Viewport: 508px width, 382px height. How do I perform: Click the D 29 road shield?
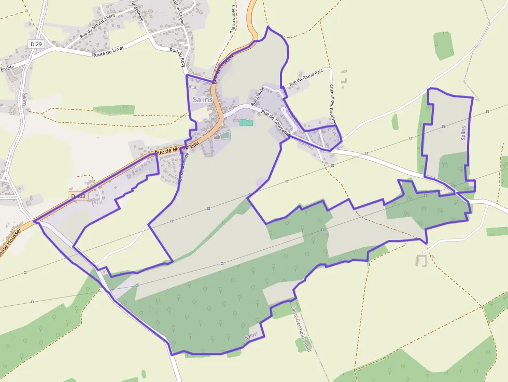pos(36,45)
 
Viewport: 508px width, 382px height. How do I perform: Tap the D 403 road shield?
pos(78,196)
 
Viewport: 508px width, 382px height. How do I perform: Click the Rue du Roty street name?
pos(180,59)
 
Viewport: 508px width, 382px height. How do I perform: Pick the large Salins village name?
pos(202,99)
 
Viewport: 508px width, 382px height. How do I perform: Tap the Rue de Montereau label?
pos(176,148)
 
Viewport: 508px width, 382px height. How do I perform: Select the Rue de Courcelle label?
pos(275,122)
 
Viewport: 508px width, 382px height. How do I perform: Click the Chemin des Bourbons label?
pos(333,106)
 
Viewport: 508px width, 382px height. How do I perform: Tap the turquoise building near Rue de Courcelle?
pos(246,123)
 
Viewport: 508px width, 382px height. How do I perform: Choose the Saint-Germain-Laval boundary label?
pos(301,329)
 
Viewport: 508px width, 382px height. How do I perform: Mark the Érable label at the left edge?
pos(7,68)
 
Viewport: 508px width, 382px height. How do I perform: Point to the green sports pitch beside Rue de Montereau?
pos(224,135)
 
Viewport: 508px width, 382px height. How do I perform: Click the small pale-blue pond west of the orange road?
pos(205,120)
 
